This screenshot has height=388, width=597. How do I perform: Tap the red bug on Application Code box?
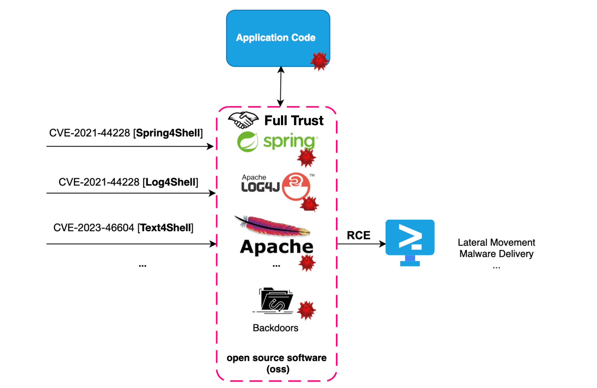(x=319, y=61)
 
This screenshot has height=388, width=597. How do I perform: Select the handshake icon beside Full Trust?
(x=243, y=120)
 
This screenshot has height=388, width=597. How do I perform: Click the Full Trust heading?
(x=294, y=121)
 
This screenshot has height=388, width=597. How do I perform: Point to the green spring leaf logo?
(x=248, y=142)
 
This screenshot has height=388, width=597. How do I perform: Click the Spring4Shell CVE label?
(x=126, y=133)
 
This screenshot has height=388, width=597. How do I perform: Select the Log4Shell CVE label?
(x=128, y=182)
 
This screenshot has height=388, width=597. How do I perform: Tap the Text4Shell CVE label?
(x=123, y=228)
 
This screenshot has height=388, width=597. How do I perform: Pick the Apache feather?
(x=272, y=226)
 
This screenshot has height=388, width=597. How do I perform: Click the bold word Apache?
(x=276, y=247)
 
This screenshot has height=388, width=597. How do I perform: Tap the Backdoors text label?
(x=275, y=328)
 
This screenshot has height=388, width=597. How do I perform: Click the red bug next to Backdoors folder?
(x=306, y=310)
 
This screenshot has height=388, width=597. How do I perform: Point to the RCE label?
(x=358, y=235)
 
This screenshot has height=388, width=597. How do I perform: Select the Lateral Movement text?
(x=496, y=242)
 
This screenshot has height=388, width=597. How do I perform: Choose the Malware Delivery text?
(x=496, y=254)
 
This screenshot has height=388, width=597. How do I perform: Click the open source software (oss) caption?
(x=276, y=363)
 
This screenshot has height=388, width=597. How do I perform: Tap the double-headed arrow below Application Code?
(x=281, y=87)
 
